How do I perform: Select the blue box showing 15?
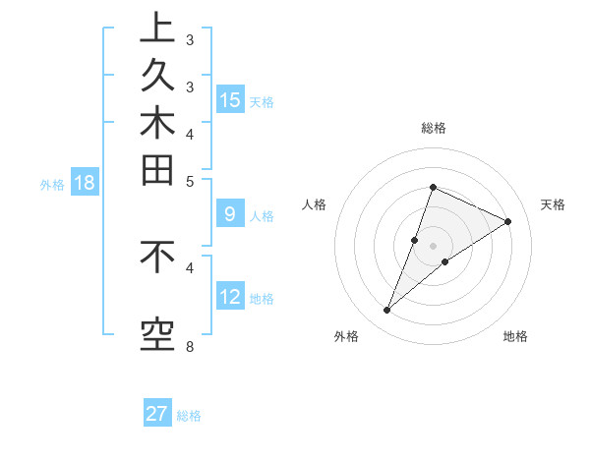230,100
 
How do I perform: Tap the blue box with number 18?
85,183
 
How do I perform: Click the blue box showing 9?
229,214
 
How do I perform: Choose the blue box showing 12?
230,297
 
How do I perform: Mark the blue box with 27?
157,414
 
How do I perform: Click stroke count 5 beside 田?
190,181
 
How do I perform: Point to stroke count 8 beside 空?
190,346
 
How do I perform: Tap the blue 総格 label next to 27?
189,416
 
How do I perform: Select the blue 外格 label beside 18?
52,184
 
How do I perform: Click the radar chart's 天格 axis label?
554,204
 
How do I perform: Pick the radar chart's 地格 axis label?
515,336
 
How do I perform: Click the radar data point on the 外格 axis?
387,311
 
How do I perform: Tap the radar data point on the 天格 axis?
508,222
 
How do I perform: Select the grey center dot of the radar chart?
434,246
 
